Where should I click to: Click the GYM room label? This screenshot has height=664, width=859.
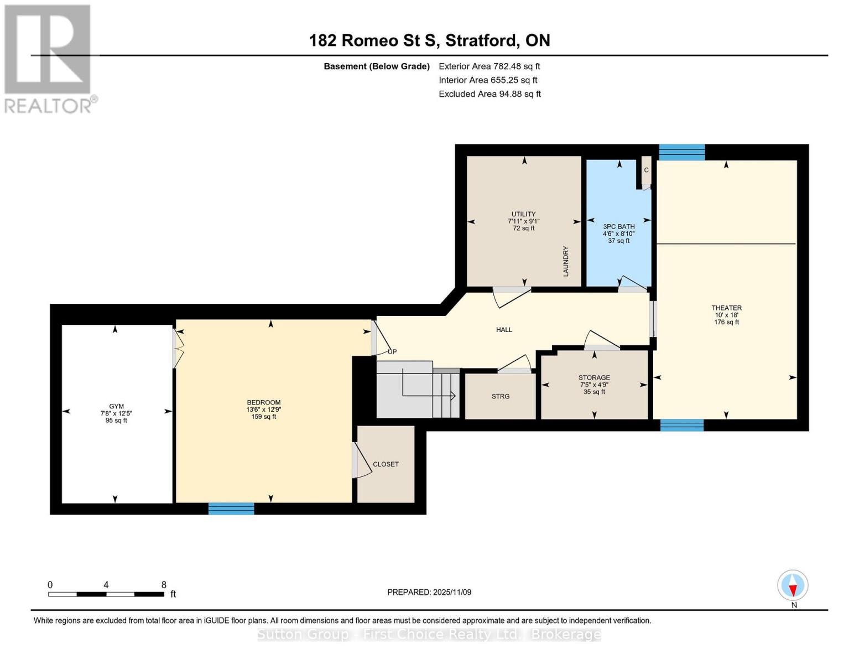tap(116, 406)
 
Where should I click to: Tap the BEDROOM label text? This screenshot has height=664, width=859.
tap(263, 402)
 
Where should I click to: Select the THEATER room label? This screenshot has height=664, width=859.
tap(726, 308)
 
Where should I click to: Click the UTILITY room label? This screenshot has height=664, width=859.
tap(523, 214)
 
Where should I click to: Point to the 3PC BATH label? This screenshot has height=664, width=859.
tap(618, 226)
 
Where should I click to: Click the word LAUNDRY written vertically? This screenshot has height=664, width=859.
tap(566, 261)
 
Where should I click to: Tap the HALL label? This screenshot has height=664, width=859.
tap(504, 330)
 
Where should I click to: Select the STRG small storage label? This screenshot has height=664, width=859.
tap(501, 396)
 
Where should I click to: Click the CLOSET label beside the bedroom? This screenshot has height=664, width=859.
tap(386, 464)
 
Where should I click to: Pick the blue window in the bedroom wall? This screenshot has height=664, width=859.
tap(231, 509)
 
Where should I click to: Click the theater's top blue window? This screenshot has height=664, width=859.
tap(681, 152)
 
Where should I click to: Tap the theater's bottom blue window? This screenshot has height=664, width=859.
tap(682, 425)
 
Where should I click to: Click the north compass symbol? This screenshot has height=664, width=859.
tap(793, 585)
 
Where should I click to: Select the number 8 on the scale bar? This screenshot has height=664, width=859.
tap(164, 584)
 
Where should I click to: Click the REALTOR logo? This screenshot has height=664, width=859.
tap(49, 58)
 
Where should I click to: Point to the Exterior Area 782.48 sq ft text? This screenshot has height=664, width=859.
tap(489, 66)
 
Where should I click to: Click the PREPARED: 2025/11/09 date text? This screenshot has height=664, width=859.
tap(429, 592)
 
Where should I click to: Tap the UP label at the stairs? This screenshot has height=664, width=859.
tap(392, 351)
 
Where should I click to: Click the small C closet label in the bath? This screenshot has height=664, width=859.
tap(646, 170)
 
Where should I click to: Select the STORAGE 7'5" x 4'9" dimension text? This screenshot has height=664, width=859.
tap(594, 385)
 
